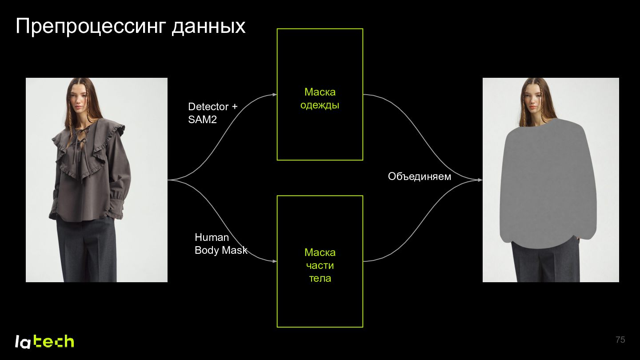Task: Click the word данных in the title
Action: (208, 27)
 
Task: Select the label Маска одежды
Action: (320, 99)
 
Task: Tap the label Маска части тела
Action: (320, 265)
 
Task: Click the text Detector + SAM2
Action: (212, 113)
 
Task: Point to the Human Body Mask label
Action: (221, 244)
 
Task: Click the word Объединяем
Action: (420, 176)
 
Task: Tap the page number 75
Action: (620, 340)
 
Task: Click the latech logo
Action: (44, 341)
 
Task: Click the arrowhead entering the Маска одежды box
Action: (275, 95)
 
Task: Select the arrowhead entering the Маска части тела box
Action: (275, 261)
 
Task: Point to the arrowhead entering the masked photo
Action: (480, 180)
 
